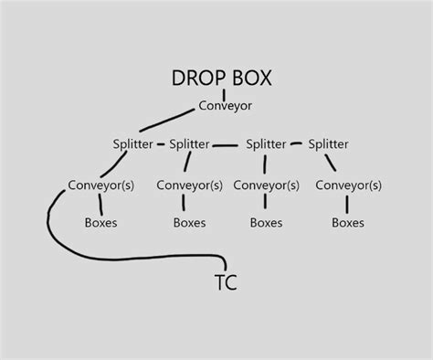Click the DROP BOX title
click(222, 78)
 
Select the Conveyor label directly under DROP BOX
click(225, 106)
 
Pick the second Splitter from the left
click(190, 144)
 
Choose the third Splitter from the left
click(266, 144)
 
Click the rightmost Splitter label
click(328, 144)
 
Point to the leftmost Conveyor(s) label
click(101, 185)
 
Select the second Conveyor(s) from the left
click(189, 185)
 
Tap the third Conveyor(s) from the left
click(266, 185)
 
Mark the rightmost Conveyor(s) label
click(348, 185)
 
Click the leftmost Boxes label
click(100, 222)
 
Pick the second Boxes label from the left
click(189, 222)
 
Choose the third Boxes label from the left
click(266, 222)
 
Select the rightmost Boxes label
click(348, 222)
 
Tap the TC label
click(226, 282)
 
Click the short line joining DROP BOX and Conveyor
click(224, 93)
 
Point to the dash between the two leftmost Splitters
click(161, 144)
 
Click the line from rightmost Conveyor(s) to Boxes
click(348, 204)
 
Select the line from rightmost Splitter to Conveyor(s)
click(334, 164)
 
